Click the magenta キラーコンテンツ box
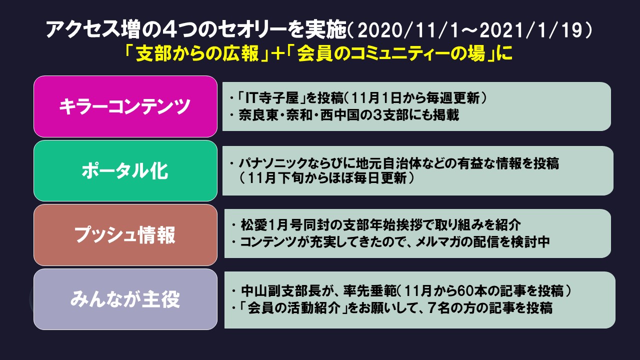[125, 106]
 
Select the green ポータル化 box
[125, 171]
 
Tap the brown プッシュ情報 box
[125, 235]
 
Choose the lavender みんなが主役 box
[125, 299]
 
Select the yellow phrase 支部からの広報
[197, 53]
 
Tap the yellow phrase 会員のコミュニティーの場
[391, 53]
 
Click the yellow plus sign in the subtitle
[278, 53]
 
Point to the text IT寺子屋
[272, 98]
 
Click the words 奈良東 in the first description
[258, 115]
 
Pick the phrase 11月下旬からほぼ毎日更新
[326, 178]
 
